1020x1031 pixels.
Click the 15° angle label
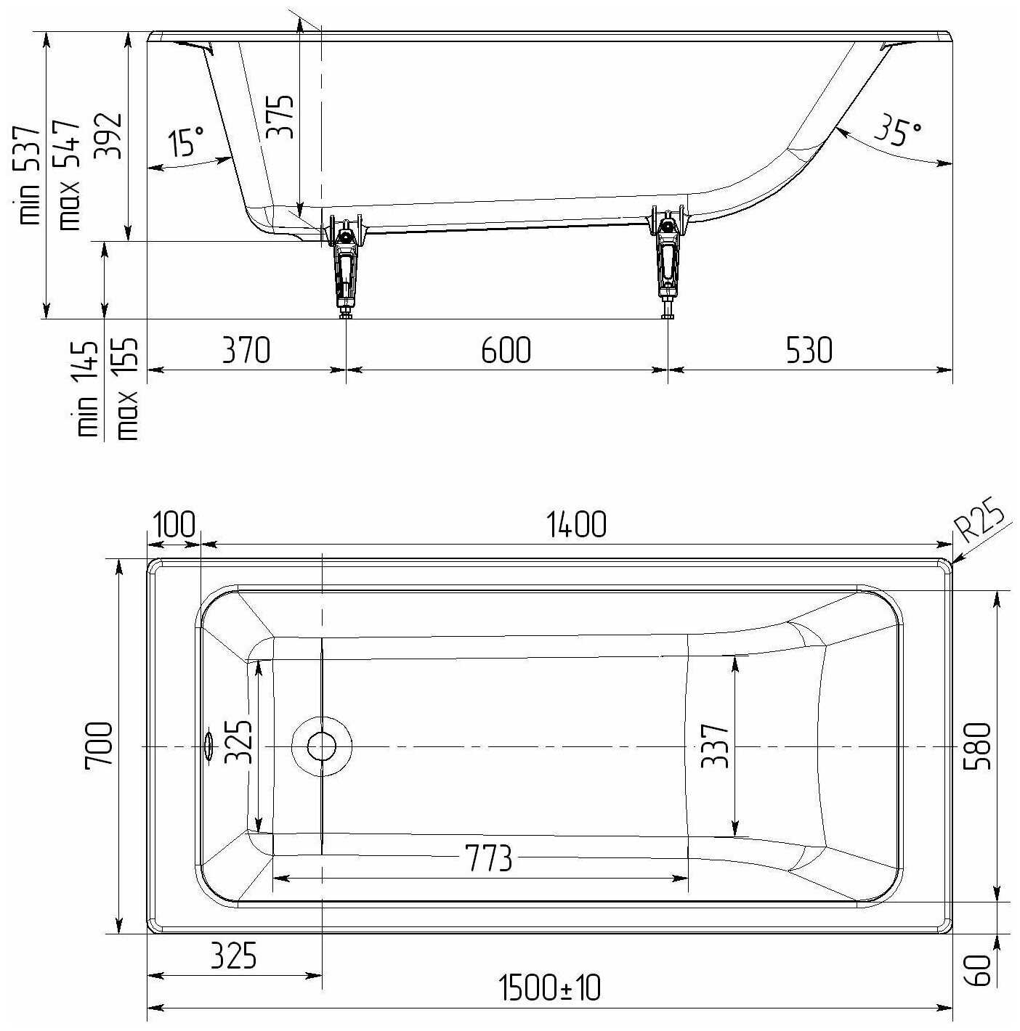(x=186, y=140)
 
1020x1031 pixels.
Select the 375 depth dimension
(x=280, y=117)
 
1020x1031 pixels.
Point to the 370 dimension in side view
(x=246, y=350)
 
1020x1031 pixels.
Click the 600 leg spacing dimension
(x=506, y=350)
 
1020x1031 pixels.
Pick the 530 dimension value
(x=809, y=350)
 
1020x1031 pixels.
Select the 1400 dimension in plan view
(x=576, y=523)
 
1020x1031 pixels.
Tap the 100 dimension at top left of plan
(x=174, y=523)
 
